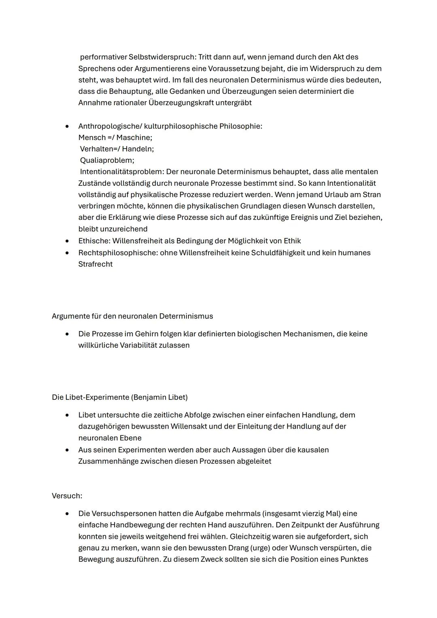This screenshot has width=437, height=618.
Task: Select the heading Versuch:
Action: [67, 496]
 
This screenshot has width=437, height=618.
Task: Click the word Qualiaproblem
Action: [107, 160]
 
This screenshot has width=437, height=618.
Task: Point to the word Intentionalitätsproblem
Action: [121, 172]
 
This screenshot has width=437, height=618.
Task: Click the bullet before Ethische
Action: [67, 241]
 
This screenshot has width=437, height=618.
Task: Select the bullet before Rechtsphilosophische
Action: [67, 253]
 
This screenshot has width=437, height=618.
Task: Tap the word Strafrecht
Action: [95, 264]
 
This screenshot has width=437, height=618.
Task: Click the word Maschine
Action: [134, 138]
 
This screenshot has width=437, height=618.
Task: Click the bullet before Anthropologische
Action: [67, 126]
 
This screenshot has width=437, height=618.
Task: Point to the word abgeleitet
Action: [255, 461]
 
